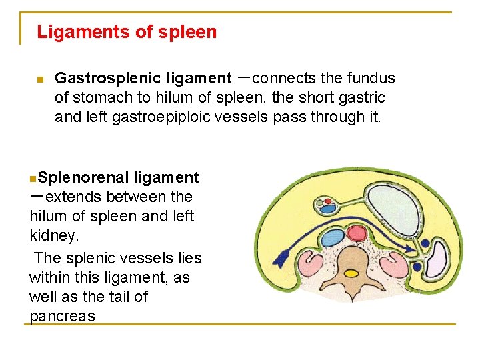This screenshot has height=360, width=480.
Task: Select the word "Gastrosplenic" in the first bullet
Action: [99, 79]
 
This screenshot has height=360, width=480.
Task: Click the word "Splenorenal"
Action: [83, 177]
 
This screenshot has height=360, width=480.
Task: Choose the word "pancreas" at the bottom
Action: [63, 316]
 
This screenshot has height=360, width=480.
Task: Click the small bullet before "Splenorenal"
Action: [33, 179]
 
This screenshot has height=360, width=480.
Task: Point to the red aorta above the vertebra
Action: [354, 237]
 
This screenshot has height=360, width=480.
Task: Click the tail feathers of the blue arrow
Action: [267, 259]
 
